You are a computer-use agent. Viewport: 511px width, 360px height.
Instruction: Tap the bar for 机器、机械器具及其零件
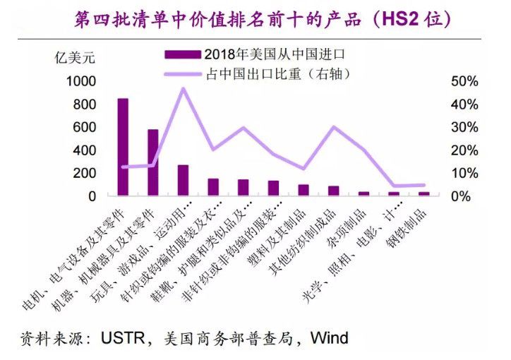pos(152,162)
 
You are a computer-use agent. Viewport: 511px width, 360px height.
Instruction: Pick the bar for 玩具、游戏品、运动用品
pos(183,180)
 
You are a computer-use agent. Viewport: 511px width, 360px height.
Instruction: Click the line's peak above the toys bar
pos(184,88)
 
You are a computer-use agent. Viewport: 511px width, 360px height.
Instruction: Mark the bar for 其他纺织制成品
pos(333,191)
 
